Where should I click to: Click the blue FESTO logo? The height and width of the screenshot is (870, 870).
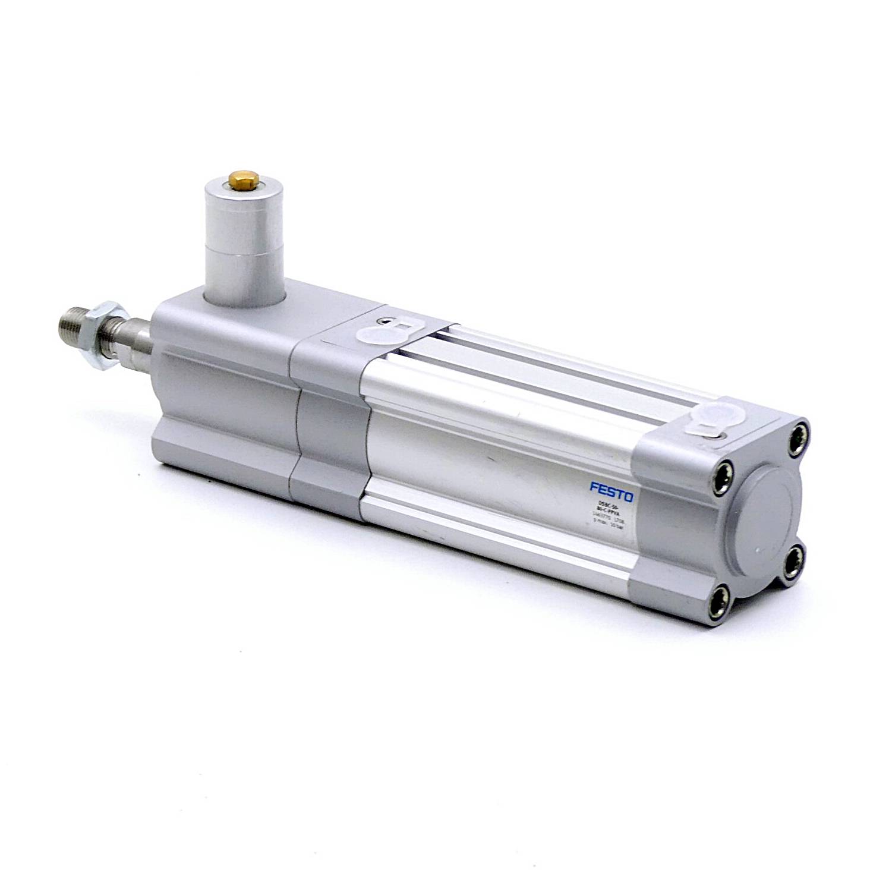(x=611, y=491)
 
